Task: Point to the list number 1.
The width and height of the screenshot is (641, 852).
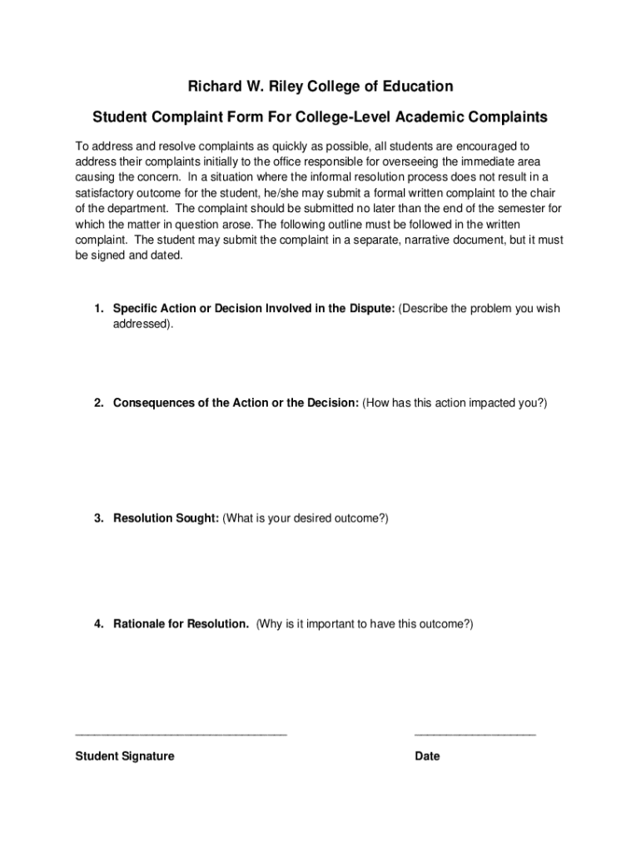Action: point(98,309)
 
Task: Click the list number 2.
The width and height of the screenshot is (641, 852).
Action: point(98,403)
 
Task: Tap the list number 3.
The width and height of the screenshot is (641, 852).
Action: point(98,518)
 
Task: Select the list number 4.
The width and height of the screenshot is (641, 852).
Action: point(98,623)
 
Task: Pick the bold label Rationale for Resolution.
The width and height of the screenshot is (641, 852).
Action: point(181,623)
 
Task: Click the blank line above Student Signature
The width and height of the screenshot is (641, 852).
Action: point(181,735)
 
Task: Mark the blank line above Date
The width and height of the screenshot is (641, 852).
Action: point(475,735)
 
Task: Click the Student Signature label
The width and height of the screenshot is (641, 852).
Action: point(125,756)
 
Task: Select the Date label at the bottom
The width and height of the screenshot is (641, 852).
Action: point(427,756)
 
